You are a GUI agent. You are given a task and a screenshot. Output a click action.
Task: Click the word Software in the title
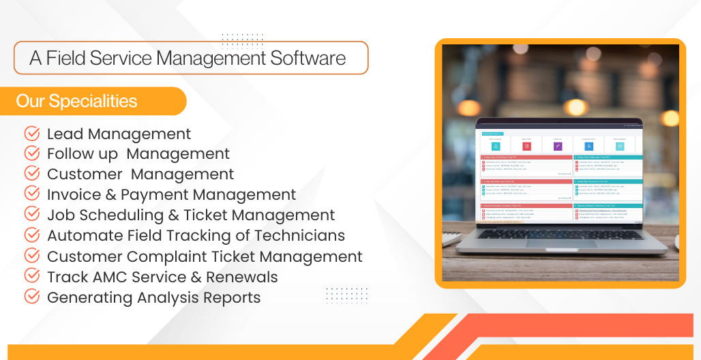point(308,58)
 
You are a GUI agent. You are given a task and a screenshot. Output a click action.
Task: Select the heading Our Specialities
point(76,102)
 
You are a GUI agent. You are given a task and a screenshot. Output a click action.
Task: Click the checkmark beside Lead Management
point(31,134)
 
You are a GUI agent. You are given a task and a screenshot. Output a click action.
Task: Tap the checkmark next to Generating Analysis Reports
point(31,297)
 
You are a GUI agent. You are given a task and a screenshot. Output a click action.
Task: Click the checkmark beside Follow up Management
point(31,154)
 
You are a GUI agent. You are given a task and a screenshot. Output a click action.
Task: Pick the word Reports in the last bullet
point(230,298)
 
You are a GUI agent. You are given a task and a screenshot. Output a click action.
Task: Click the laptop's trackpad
point(561,243)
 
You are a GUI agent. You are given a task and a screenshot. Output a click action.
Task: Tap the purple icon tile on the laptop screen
point(557,146)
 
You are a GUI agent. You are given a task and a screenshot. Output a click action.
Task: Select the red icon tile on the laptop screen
point(526,146)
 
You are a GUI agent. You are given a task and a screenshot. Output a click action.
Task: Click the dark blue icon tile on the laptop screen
point(588,146)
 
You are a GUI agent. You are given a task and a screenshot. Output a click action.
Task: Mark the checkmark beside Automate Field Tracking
point(31,235)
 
